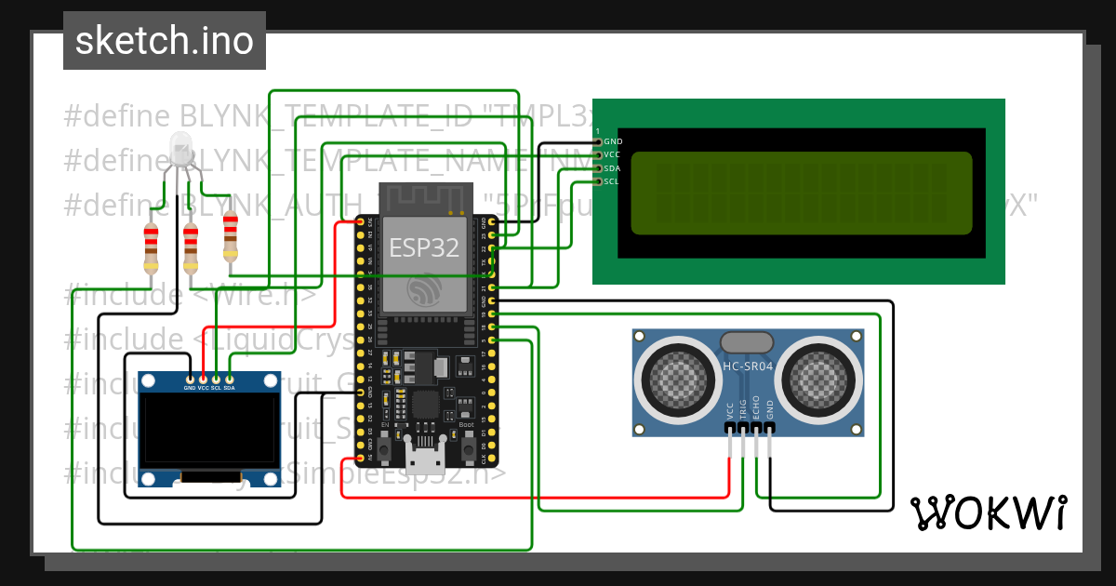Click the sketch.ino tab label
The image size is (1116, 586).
[x=164, y=41]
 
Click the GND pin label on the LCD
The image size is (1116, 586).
[x=613, y=142]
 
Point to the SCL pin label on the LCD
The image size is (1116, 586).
[x=611, y=181]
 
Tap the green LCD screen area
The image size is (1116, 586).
[x=801, y=193]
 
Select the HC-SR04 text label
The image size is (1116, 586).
[x=748, y=366]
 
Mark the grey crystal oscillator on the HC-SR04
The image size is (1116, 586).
[x=747, y=343]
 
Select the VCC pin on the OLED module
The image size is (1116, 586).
[x=204, y=380]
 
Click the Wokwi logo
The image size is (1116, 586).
[x=988, y=513]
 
